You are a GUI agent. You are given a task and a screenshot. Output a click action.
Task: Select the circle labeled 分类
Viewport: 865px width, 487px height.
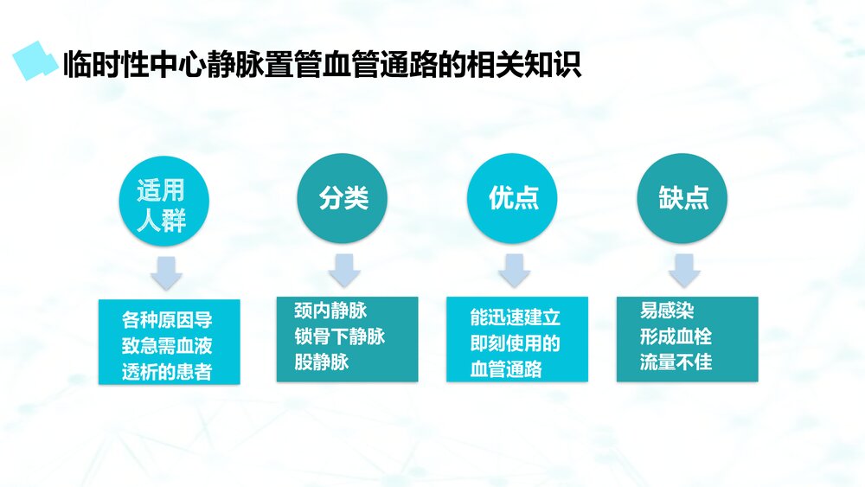coord(343,198)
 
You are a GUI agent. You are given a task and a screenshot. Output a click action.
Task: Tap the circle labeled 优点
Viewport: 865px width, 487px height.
coord(513,198)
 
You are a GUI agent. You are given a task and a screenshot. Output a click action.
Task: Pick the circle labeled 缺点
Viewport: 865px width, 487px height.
coord(683,198)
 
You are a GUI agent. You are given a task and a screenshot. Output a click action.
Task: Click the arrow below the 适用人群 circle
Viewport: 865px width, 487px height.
coord(167,272)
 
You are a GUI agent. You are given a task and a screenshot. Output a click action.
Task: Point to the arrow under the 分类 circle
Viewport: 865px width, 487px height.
coord(344,270)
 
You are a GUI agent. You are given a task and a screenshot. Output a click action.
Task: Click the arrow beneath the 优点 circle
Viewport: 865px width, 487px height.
coord(514,270)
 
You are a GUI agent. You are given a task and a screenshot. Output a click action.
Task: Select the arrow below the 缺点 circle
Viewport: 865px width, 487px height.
coord(684,270)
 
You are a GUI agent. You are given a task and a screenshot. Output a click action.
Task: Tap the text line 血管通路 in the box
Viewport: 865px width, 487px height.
coord(506,368)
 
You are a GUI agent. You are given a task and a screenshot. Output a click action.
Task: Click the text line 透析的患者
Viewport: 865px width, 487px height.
coord(167,373)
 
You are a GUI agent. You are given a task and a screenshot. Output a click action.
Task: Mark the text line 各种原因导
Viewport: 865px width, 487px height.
coord(167,321)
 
